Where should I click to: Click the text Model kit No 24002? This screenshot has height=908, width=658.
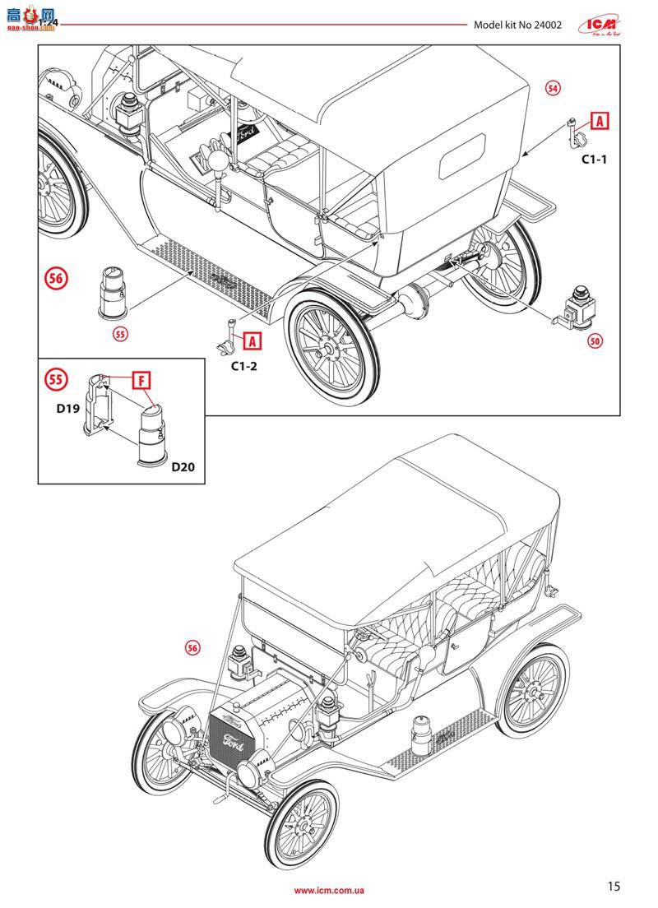[517, 25]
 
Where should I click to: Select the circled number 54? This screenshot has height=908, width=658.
[553, 89]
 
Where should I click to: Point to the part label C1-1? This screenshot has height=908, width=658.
[594, 160]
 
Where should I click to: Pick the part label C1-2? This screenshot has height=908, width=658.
[243, 366]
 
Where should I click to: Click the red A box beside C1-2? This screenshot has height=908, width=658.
[253, 339]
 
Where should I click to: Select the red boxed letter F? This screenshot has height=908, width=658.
[142, 380]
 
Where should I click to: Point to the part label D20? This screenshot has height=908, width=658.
[184, 467]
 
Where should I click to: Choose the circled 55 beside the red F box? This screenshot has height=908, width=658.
[56, 379]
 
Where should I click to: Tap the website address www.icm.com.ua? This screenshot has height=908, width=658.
[329, 890]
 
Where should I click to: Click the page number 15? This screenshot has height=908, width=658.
[614, 886]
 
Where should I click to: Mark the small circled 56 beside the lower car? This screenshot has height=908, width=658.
[192, 649]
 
